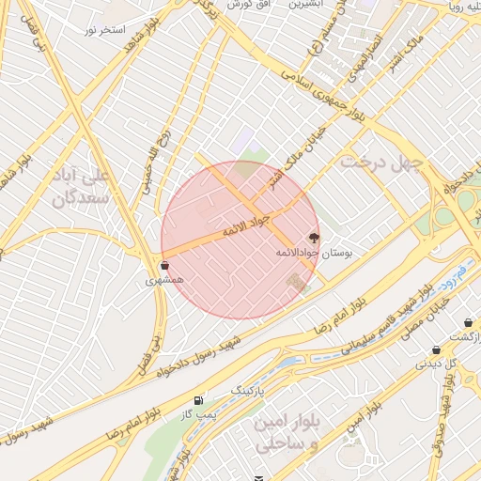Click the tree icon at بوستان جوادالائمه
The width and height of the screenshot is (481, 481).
tap(313, 238)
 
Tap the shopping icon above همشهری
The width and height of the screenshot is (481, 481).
tap(165, 266)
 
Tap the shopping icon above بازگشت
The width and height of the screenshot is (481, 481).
tap(468, 322)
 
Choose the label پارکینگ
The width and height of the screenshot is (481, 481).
tap(250, 387)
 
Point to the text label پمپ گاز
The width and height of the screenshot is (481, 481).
tap(198, 412)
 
